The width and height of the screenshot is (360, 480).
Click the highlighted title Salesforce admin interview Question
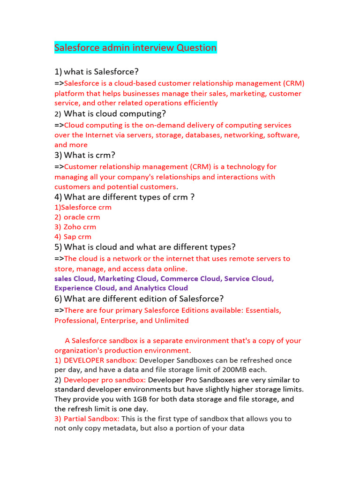coord(135,48)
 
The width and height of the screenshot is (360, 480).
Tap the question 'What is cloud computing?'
coord(115,114)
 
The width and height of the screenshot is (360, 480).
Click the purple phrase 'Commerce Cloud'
coord(190,278)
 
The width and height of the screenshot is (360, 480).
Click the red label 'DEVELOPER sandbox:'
coord(100,360)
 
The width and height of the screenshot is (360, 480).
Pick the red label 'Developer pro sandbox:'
coord(105,380)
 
